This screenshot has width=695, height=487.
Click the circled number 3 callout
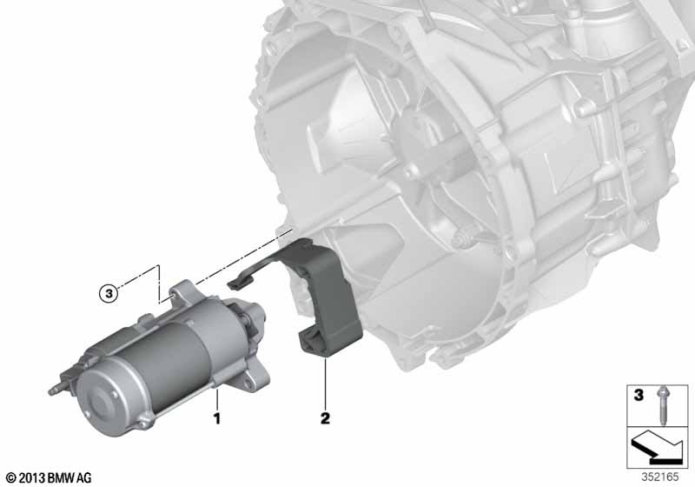coord(109,293)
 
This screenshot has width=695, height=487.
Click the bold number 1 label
coord(216,418)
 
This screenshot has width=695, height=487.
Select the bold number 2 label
coord(325,418)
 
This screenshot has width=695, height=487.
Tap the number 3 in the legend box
coord(639,394)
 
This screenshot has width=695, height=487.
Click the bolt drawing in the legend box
coord(664,405)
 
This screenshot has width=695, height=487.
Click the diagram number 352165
coord(660,477)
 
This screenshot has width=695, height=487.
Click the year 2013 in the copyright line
coord(32,478)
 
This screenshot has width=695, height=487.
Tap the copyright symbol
coord(11,478)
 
